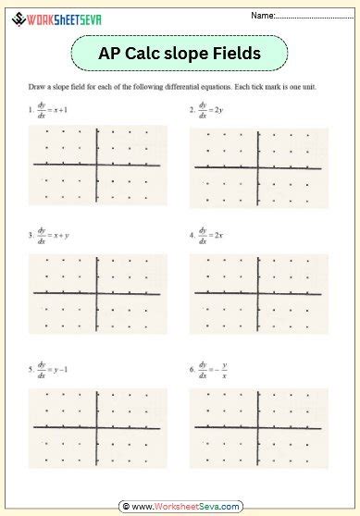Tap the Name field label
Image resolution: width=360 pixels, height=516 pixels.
(x=262, y=16)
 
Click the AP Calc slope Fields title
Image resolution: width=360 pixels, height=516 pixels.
(x=179, y=54)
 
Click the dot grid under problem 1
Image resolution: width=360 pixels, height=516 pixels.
(x=97, y=166)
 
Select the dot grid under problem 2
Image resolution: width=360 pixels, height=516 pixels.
(x=259, y=167)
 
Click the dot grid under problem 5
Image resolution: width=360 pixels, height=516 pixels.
(x=97, y=426)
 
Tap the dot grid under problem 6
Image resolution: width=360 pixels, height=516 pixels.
(x=259, y=426)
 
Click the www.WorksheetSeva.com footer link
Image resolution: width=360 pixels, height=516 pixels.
(x=185, y=507)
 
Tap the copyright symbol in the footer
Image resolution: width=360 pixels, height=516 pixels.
(x=124, y=507)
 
